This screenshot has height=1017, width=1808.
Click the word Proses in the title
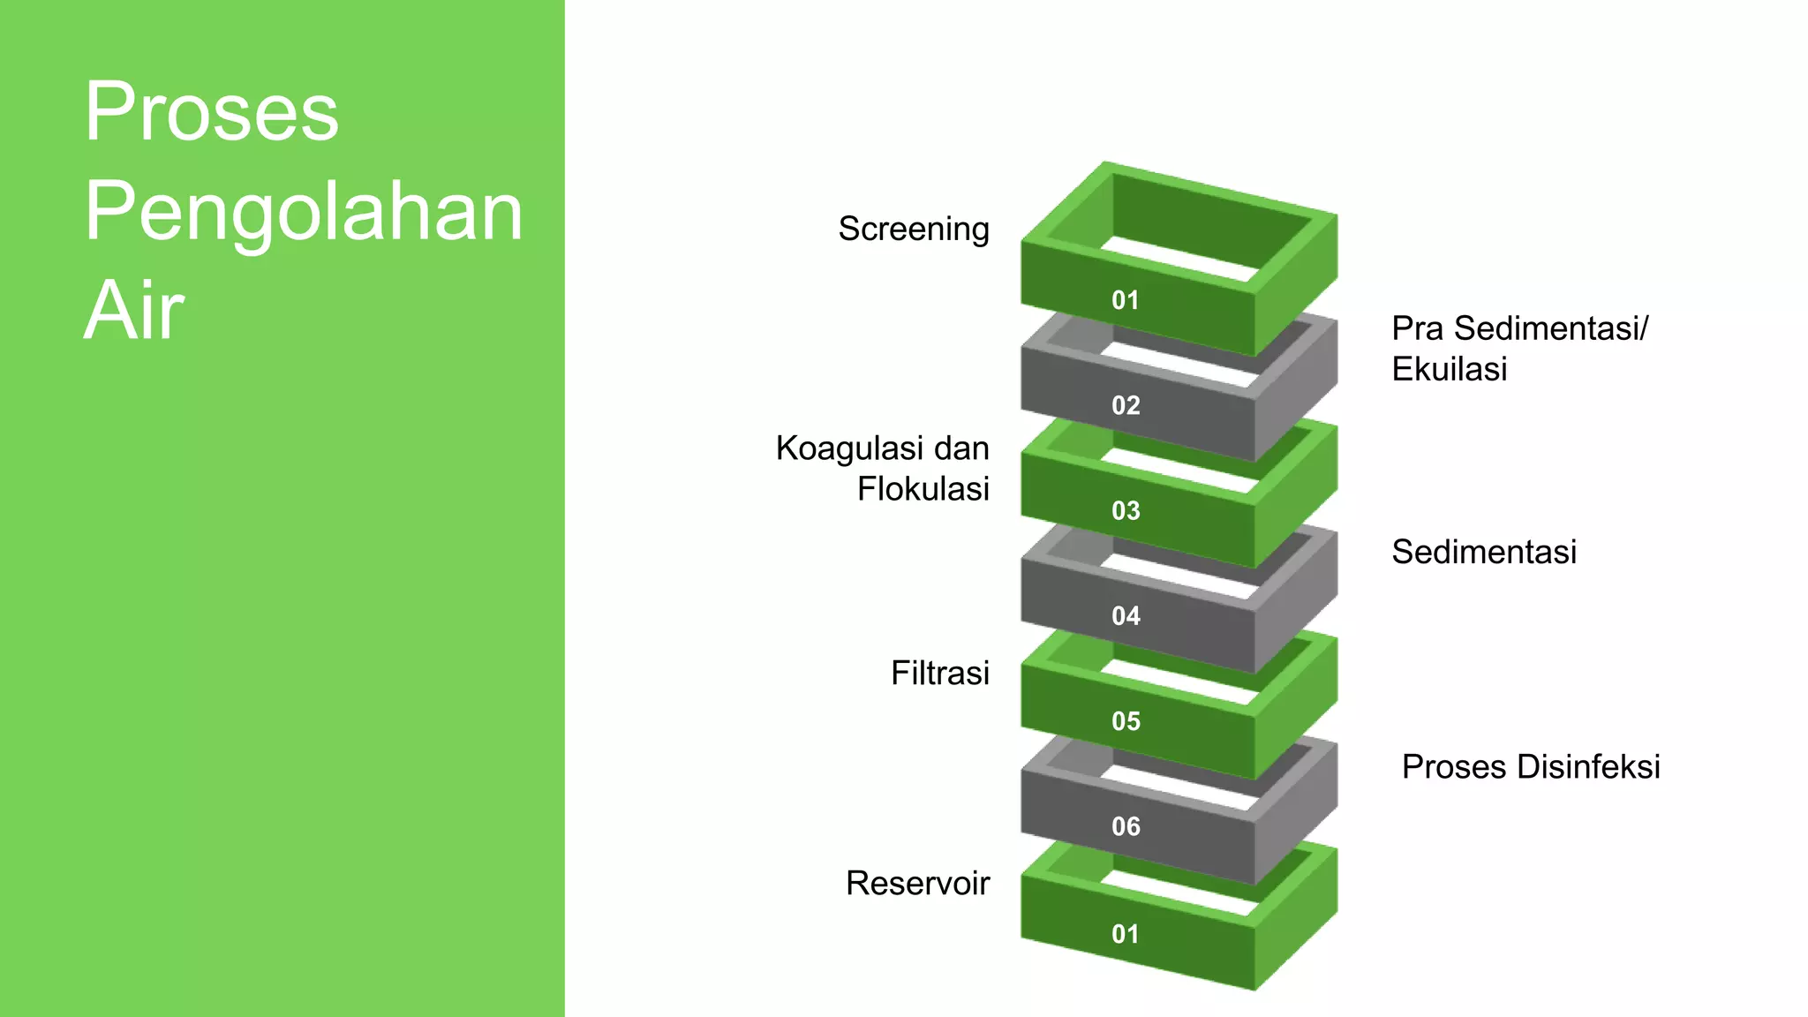pos(212,112)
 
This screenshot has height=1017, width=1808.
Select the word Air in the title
pos(134,311)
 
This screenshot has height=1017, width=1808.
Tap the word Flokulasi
pos(923,489)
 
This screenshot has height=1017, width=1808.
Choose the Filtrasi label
pos(940,674)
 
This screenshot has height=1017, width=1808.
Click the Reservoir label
pos(918,884)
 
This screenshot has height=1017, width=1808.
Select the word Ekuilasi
pos(1450,369)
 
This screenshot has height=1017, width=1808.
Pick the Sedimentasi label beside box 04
pos(1484,552)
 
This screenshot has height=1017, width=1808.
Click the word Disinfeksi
pos(1588,767)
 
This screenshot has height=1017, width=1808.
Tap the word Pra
pos(1418,328)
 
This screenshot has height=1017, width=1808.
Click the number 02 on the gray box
pos(1126,405)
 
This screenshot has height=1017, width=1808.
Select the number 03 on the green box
pos(1126,510)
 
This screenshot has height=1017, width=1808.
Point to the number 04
pos(1126,615)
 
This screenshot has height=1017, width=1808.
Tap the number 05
pos(1126,721)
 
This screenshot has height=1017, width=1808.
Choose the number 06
pos(1126,826)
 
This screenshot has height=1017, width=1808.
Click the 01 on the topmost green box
pos(1126,300)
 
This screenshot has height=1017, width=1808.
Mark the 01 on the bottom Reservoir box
pos(1126,934)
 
